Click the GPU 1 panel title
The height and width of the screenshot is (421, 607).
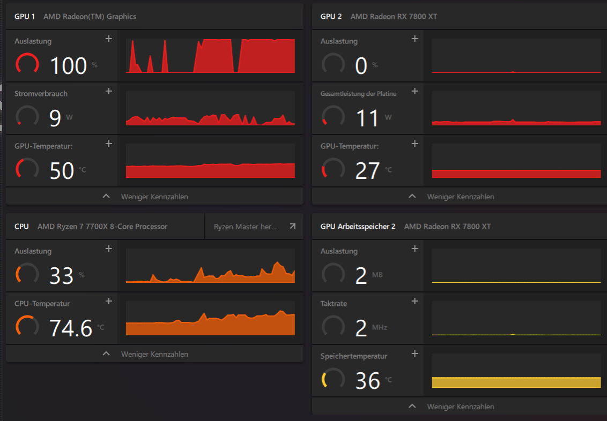[x=25, y=16]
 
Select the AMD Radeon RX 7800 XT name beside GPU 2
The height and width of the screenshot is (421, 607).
[x=394, y=16]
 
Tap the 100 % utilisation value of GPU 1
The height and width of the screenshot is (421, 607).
[x=68, y=65]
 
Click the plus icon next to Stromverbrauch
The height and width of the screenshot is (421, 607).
[x=109, y=91]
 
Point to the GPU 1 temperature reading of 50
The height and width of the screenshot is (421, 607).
[x=62, y=170]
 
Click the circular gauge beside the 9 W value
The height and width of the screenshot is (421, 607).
[x=27, y=116]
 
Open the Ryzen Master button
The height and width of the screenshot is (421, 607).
[x=254, y=227]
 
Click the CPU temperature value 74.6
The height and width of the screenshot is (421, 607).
[x=71, y=328]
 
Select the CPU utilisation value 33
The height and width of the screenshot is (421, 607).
[x=62, y=275]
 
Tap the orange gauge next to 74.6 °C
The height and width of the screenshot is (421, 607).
[x=27, y=326]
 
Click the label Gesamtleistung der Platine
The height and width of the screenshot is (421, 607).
[x=358, y=94]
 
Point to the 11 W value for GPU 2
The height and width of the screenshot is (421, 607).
[x=368, y=118]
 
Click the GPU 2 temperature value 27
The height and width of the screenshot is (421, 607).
[x=367, y=170]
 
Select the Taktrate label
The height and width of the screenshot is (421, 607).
[x=334, y=304]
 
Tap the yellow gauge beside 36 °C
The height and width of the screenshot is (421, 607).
[x=332, y=379]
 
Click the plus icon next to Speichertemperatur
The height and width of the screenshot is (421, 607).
[x=414, y=354]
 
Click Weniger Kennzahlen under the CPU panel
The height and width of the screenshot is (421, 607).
[x=154, y=354]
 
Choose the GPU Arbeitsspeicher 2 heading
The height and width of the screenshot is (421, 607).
[x=358, y=227]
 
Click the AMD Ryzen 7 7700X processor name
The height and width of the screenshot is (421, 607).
[x=102, y=227]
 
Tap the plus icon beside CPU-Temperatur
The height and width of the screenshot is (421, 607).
[x=109, y=301]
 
